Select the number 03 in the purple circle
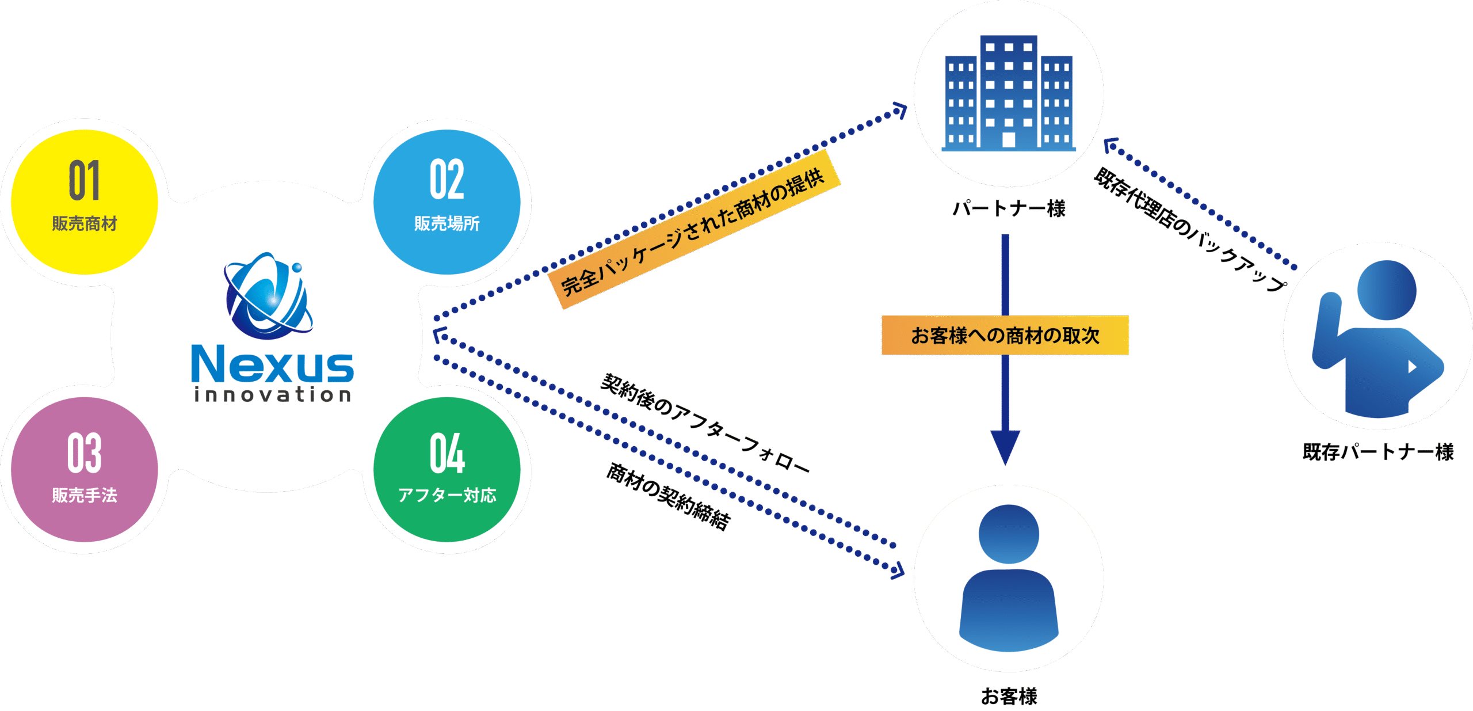tap(85, 453)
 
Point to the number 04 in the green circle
tap(447, 453)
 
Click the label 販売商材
tap(85, 223)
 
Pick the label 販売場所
tap(447, 223)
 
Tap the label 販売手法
tap(85, 495)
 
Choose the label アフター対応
tap(447, 495)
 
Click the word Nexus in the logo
tap(272, 364)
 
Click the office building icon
tap(1008, 93)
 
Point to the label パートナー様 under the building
tap(1009, 208)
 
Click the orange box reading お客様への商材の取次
tap(1005, 335)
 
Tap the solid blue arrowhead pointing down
tap(1005, 447)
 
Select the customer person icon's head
tap(1009, 534)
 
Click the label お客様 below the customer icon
tap(1009, 697)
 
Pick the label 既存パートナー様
tap(1378, 452)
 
